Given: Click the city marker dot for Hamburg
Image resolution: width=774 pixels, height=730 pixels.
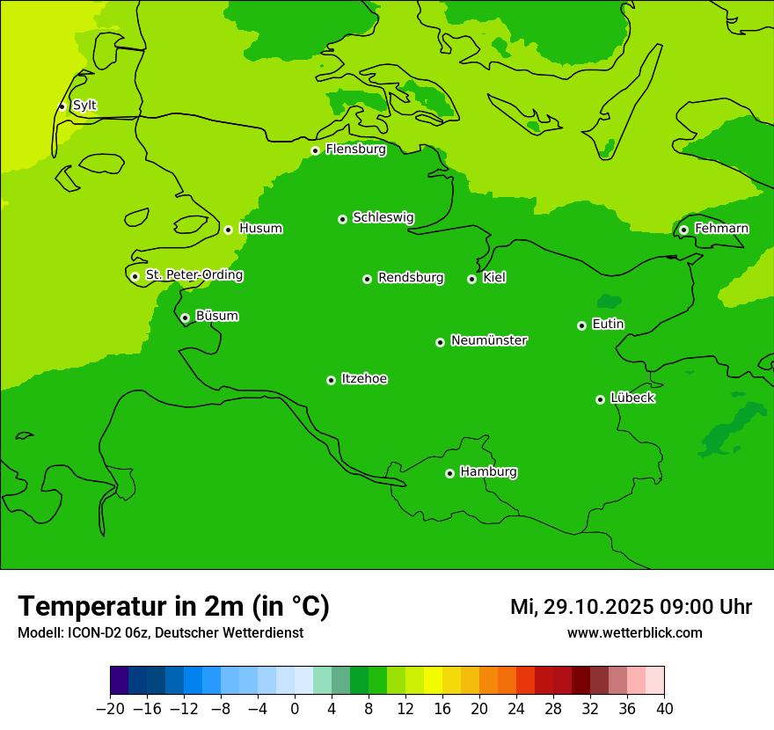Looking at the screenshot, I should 449,473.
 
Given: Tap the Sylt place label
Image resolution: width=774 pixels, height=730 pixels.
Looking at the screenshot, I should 84,106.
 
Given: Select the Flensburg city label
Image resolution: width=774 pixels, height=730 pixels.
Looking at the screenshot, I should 355,150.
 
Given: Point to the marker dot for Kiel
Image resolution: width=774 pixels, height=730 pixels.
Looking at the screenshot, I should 471,279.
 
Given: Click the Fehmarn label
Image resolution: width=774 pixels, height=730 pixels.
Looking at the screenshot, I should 721,229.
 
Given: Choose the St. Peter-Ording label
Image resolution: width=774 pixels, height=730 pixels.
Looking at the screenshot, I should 194,275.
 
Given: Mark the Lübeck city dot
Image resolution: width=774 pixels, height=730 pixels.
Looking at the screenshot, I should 600,399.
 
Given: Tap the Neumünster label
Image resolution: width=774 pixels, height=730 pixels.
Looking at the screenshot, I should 489,340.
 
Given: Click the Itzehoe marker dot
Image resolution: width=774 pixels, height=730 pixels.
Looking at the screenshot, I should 331,380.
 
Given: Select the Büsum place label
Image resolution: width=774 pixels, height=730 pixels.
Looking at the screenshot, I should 216,316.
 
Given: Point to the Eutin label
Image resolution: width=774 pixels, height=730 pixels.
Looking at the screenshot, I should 608,325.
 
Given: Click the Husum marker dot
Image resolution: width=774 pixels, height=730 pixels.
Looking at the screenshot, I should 228,230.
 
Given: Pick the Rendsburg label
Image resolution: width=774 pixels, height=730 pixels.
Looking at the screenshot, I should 411,278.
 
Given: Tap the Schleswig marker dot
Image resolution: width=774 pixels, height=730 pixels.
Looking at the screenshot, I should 342,219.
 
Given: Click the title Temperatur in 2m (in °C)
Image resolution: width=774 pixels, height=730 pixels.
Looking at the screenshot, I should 173,607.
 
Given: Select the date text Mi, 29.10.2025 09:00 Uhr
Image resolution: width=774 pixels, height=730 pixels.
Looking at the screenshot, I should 631,607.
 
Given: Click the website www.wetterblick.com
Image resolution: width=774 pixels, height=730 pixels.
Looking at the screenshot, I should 634,633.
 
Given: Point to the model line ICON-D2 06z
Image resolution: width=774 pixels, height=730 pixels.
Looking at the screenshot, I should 160,633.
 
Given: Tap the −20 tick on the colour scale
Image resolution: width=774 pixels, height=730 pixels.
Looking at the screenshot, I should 110,709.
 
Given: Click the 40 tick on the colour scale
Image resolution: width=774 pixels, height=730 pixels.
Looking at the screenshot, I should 664,709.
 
